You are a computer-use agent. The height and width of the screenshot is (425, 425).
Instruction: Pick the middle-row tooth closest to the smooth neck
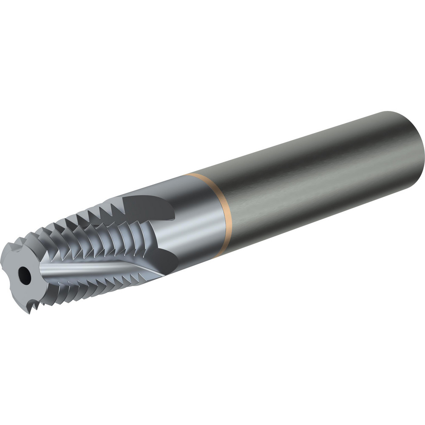127,238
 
